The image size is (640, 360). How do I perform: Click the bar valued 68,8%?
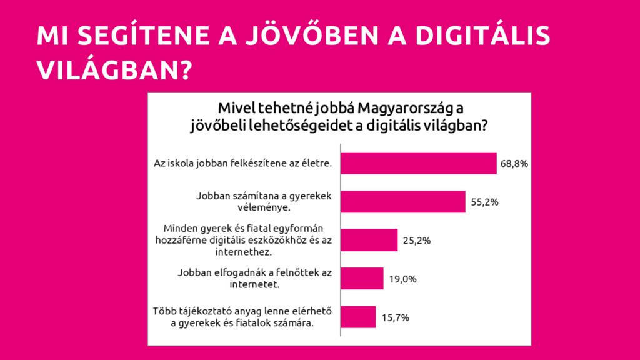418,164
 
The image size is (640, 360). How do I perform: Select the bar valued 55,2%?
403,202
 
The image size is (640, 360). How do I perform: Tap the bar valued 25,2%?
369,240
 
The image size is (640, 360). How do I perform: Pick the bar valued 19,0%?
361,278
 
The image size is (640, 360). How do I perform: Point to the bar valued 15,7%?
357,317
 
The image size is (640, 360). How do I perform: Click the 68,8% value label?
515,164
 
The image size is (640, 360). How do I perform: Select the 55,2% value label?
484,202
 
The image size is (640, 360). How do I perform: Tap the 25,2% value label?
416,240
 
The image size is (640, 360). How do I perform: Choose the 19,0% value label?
402,278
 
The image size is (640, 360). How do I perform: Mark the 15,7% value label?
394,317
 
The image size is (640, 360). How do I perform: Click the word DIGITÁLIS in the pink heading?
481,36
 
